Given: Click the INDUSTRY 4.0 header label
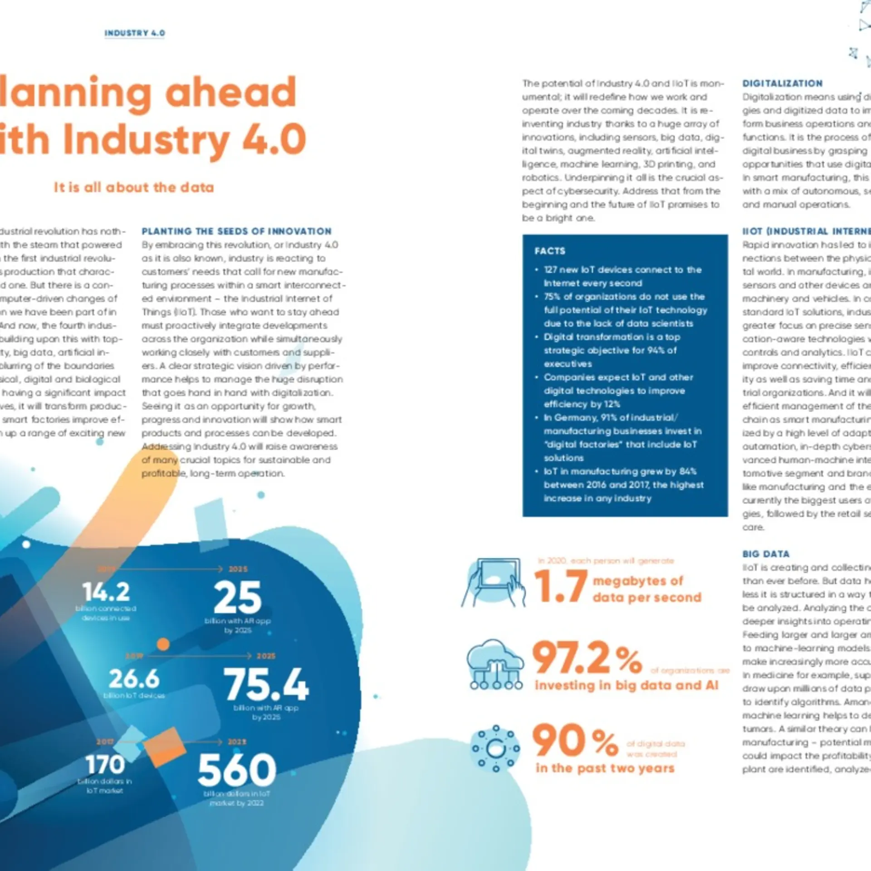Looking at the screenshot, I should tap(135, 33).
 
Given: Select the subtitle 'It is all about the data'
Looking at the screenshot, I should tap(134, 187).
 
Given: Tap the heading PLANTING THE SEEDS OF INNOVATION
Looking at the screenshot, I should tap(236, 231).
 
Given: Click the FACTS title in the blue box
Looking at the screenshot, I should tap(550, 251).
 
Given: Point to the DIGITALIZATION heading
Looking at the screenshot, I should tap(783, 83).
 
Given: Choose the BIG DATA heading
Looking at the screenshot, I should tap(766, 554).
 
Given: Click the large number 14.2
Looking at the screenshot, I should tap(106, 592).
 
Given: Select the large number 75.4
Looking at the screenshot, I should tap(266, 684).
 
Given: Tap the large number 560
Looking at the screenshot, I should tap(237, 770).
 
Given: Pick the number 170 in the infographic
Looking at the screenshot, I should tap(105, 764).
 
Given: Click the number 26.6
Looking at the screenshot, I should tap(134, 679).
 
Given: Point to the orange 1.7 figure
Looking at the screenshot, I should tap(561, 587).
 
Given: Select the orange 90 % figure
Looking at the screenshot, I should tap(575, 741).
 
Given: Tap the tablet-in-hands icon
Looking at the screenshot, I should tap(494, 582).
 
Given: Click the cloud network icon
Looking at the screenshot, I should tap(495, 664).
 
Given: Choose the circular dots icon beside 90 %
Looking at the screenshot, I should tap(496, 748).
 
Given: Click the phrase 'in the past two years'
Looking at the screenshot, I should tap(605, 768).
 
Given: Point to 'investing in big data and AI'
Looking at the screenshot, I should tap(626, 685).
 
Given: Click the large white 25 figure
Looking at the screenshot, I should tap(238, 597).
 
